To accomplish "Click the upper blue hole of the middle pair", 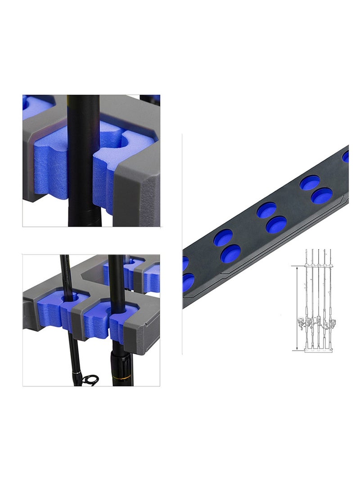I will (x=266, y=210).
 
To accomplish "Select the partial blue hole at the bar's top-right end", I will (x=346, y=156).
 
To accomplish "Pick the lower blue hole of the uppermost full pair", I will (x=322, y=195).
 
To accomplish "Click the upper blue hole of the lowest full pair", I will (x=223, y=237).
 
